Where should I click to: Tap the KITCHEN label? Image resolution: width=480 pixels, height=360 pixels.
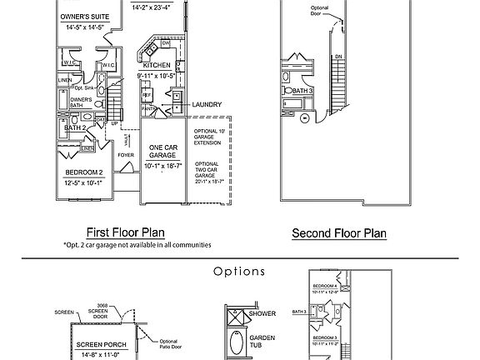[x=157, y=65]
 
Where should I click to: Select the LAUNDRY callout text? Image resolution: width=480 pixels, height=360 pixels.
[x=206, y=105]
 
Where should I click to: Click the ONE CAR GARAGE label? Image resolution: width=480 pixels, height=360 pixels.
[x=162, y=152]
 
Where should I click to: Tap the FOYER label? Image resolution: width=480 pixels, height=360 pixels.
[x=126, y=155]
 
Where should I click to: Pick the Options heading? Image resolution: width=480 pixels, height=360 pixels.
[x=239, y=272]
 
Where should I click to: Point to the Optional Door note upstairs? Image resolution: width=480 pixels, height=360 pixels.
[x=322, y=11]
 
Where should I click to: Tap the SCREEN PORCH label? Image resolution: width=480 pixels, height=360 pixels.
[x=101, y=344]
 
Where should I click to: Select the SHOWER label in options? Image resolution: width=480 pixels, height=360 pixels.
[x=264, y=314]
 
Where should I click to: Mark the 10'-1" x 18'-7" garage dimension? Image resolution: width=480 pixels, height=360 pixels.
[x=162, y=166]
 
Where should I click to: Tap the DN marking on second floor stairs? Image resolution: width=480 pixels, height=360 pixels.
[x=337, y=57]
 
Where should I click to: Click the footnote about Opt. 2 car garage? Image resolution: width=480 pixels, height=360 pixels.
[x=137, y=246]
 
